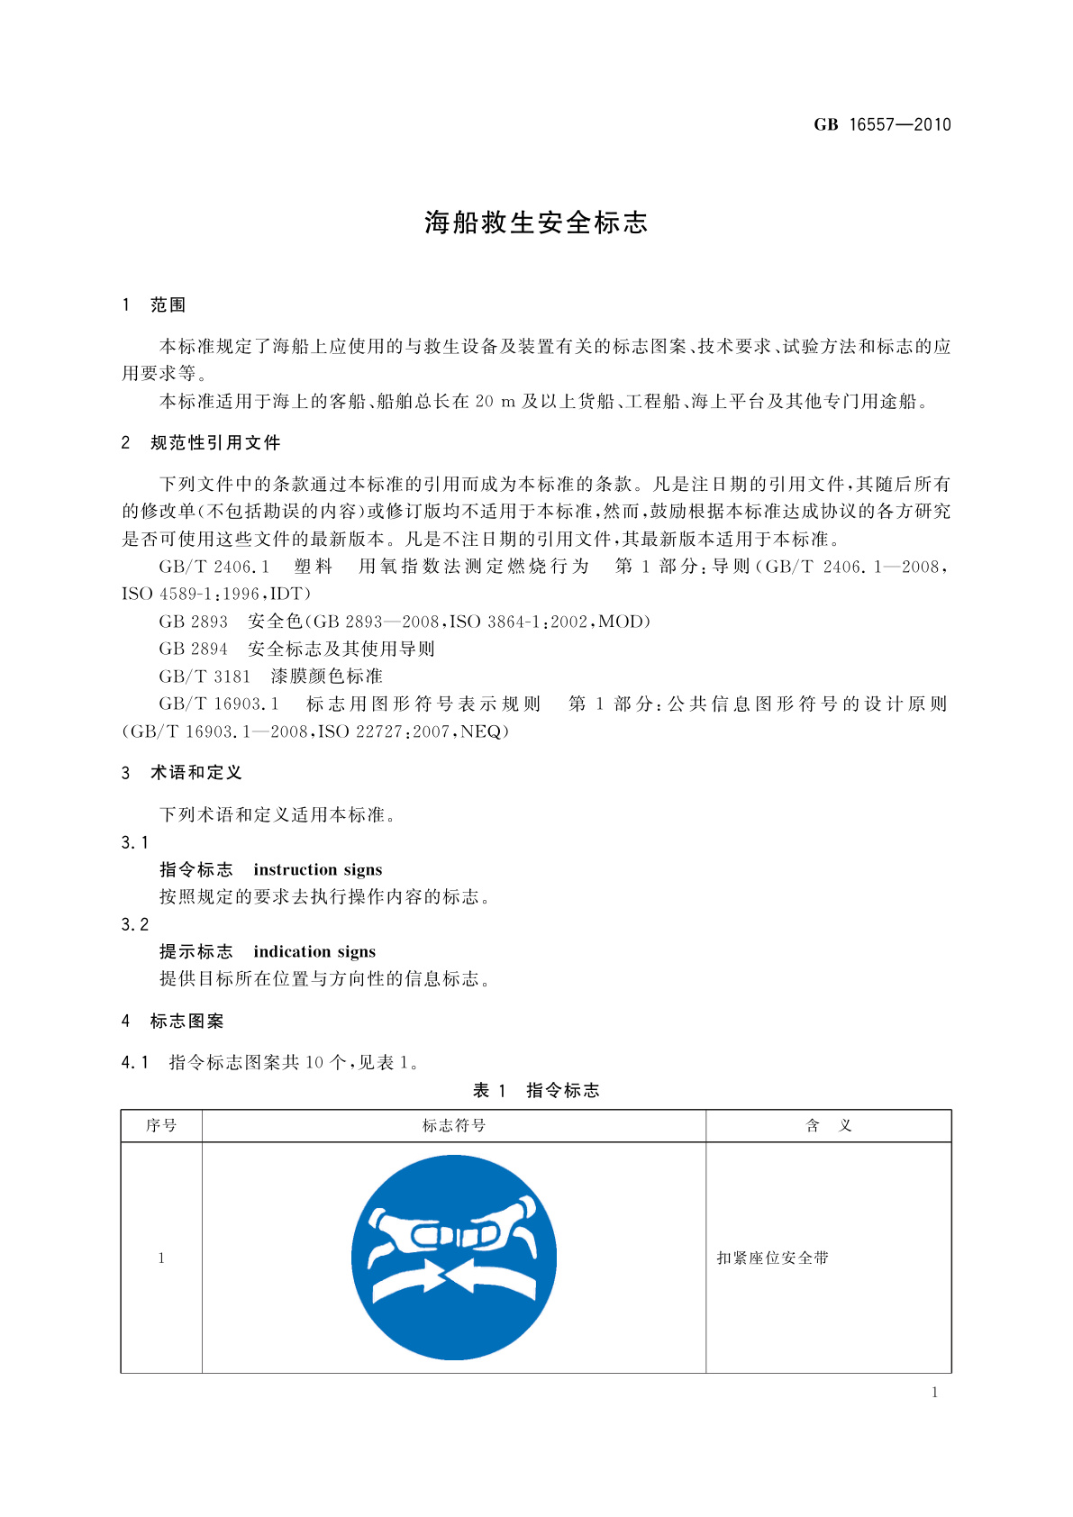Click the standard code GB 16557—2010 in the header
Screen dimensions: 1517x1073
click(882, 125)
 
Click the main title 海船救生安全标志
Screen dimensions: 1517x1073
click(536, 223)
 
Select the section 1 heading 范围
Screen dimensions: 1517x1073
click(168, 305)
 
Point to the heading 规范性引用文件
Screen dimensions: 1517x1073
click(215, 443)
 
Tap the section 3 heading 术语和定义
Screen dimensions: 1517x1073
click(196, 773)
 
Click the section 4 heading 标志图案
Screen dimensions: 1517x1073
click(187, 1022)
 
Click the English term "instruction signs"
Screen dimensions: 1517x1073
click(317, 870)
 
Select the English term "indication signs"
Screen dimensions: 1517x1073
click(314, 952)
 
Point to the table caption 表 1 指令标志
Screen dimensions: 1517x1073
click(536, 1091)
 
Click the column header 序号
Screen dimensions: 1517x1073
click(161, 1126)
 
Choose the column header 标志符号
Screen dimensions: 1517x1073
click(454, 1126)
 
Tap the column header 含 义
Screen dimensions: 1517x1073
click(828, 1126)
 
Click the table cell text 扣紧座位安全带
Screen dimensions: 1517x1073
click(772, 1258)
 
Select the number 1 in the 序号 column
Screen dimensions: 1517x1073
click(161, 1258)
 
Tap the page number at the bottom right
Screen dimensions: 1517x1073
click(934, 1393)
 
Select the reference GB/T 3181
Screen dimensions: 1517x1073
click(205, 677)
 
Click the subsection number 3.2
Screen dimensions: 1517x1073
click(135, 925)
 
